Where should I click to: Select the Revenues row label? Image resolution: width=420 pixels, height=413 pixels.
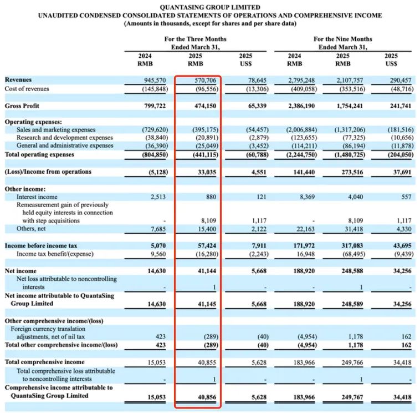(x=19, y=80)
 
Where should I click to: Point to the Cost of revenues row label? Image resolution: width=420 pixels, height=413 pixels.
(x=27, y=89)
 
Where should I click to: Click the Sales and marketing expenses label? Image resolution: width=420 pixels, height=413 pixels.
(x=55, y=130)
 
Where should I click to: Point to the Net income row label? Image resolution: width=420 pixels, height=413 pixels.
(x=21, y=270)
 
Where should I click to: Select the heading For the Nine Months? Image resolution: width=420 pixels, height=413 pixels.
(x=343, y=39)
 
